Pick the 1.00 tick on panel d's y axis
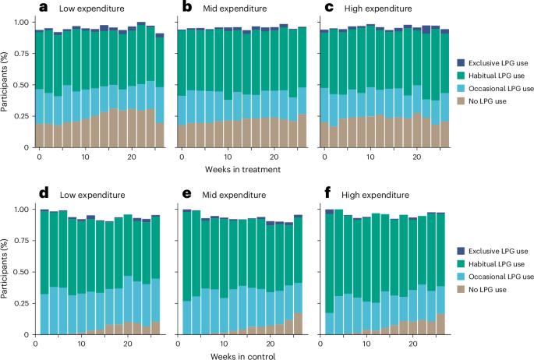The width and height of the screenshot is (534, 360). pyautogui.click(x=23, y=210)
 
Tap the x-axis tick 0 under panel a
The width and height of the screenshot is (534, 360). pyautogui.click(x=39, y=157)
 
